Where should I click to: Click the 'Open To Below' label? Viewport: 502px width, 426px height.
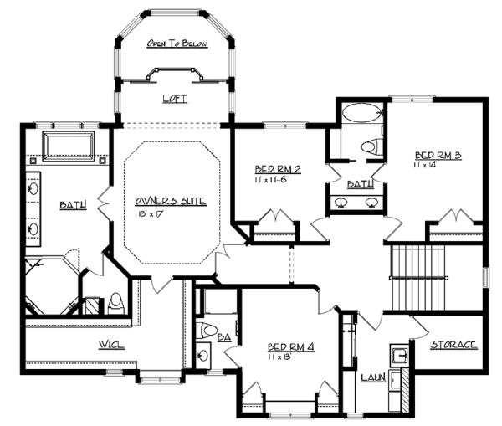(x=176, y=44)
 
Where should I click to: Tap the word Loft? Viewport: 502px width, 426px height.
(x=174, y=99)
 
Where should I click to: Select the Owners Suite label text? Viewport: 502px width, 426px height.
(x=170, y=201)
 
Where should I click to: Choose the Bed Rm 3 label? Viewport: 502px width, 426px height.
(x=438, y=156)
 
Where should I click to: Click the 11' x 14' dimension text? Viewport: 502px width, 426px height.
(x=426, y=167)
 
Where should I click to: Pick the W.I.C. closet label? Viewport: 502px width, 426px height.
(x=111, y=344)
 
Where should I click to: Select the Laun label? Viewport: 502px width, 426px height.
(x=372, y=377)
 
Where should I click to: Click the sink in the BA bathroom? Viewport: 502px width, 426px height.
(x=203, y=355)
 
